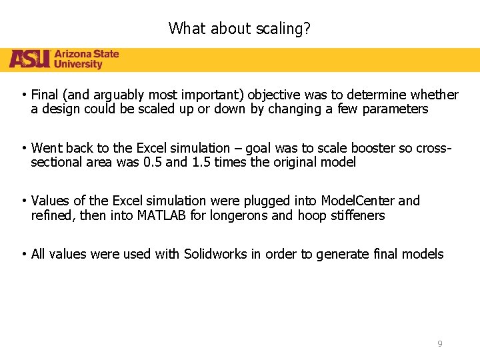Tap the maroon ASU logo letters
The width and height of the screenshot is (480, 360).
[x=29, y=59]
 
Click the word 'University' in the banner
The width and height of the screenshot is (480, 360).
[x=78, y=65]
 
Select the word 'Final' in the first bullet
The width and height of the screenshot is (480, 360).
[x=45, y=95]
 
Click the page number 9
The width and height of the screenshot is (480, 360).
[x=439, y=343]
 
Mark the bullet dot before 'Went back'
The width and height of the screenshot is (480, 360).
[x=23, y=148]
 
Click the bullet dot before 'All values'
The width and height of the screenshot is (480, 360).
[x=23, y=254]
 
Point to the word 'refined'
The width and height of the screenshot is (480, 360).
[x=53, y=215]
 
